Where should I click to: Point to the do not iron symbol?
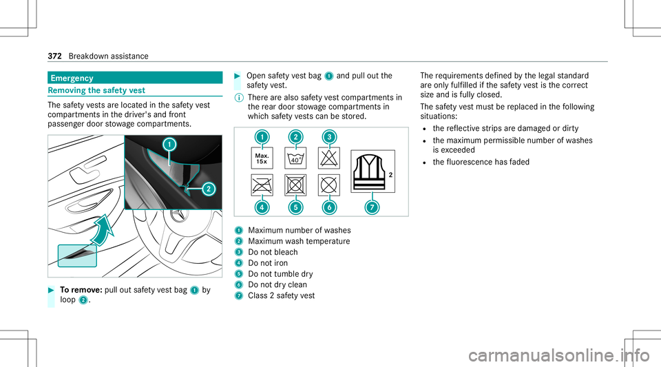[262, 185]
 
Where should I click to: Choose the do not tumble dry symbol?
[295, 185]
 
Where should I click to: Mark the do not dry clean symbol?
[329, 185]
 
